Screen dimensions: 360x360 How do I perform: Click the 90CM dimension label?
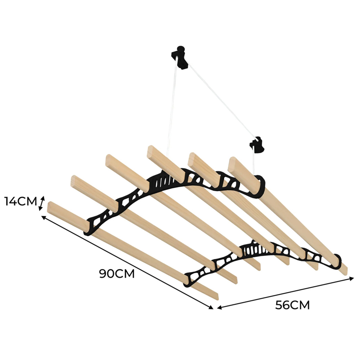pyautogui.click(x=117, y=273)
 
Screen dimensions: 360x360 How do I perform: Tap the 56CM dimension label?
pyautogui.click(x=292, y=305)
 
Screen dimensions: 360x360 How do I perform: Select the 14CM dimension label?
pyautogui.click(x=21, y=201)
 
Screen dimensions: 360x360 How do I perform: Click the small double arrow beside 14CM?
pyautogui.click(x=42, y=203)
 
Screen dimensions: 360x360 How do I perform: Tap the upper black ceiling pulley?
pyautogui.click(x=180, y=57)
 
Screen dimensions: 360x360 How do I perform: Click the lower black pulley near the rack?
pyautogui.click(x=257, y=144)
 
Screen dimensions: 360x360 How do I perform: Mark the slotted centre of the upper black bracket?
pyautogui.click(x=170, y=181)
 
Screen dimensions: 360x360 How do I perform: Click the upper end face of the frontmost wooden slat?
pyautogui.click(x=50, y=207)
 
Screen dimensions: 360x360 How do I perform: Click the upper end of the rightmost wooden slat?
pyautogui.click(x=232, y=162)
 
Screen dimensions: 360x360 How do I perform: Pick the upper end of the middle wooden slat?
pyautogui.click(x=151, y=151)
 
